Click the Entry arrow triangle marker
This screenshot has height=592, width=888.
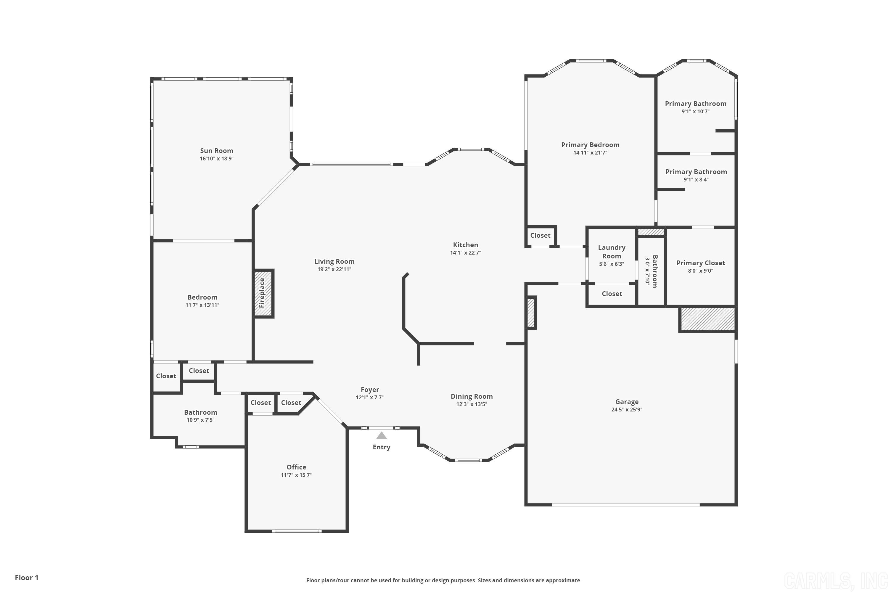(x=381, y=436)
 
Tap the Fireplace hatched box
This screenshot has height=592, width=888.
(x=263, y=293)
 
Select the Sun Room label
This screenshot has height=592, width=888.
(x=216, y=151)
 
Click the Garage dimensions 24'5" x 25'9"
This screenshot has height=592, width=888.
(x=626, y=410)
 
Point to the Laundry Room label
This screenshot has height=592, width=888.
(x=611, y=251)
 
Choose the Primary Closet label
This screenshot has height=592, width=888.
(x=700, y=263)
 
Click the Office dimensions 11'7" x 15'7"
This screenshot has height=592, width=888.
(x=296, y=475)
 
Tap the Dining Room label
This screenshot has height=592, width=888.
(x=472, y=396)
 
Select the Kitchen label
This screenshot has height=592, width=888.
(x=466, y=245)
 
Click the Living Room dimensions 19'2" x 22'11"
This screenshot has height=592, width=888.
(x=334, y=269)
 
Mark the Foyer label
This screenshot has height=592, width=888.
(x=370, y=390)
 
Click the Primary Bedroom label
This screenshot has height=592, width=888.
(x=590, y=145)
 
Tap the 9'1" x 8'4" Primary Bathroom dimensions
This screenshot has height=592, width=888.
(x=696, y=180)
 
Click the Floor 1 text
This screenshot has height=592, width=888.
(x=26, y=578)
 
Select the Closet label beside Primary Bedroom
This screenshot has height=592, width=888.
(x=540, y=235)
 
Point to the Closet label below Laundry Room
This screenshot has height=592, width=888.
(x=612, y=294)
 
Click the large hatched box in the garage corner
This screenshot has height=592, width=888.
(x=707, y=319)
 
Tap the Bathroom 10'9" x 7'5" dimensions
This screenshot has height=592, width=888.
(x=200, y=420)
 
